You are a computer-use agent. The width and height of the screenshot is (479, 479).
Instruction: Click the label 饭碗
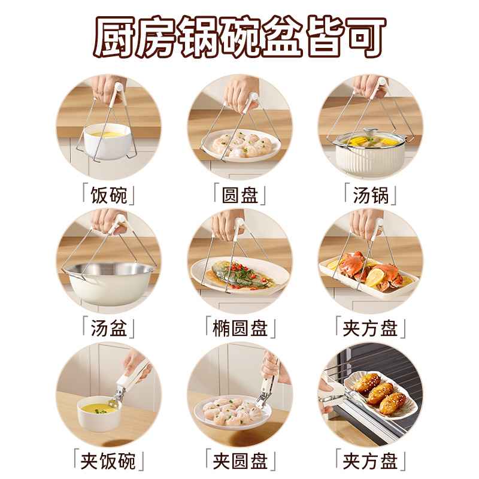point(108,195)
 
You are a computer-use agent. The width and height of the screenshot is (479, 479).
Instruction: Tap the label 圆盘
point(239,195)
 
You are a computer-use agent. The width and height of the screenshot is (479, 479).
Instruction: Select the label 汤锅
point(371,195)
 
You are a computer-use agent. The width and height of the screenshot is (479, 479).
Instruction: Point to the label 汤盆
point(108,328)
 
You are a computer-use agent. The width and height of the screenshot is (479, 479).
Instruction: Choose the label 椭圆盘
point(239,328)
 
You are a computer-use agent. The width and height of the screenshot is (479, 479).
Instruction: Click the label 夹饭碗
point(108,461)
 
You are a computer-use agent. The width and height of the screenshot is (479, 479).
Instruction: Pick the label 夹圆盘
point(239,461)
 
